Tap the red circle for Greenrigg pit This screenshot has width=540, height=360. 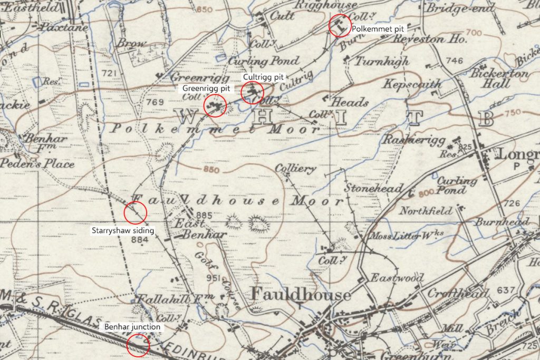coord(215,105)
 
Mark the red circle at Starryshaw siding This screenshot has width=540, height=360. coord(135,213)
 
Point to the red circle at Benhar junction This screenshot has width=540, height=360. coord(139,346)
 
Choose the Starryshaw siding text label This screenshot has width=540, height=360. coord(119,230)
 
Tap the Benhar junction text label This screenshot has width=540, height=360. coord(132,327)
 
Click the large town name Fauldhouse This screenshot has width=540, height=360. coord(301,294)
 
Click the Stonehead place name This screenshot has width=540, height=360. coord(374,188)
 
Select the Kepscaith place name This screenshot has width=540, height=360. coord(405,84)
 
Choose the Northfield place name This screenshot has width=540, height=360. coord(426,211)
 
